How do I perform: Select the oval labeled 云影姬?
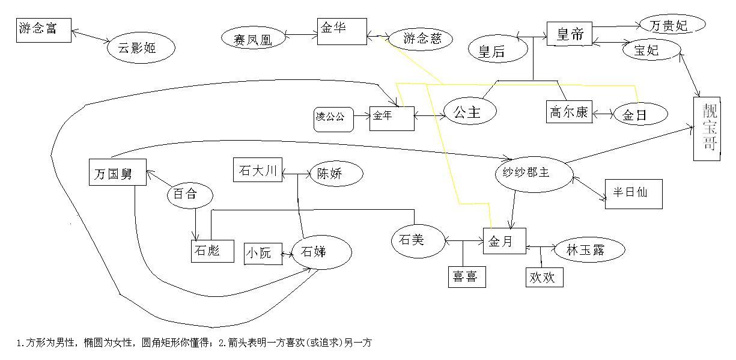tap(141, 48)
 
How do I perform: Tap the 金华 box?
tap(342, 31)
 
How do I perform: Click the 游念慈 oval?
tap(422, 39)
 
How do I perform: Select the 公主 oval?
tap(471, 112)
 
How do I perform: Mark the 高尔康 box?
tap(569, 112)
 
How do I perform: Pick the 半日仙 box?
tap(633, 194)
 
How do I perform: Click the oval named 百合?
tap(189, 195)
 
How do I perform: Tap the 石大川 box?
tap(257, 171)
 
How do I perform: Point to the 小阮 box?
tap(263, 253)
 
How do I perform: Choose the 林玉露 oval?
tap(586, 251)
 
